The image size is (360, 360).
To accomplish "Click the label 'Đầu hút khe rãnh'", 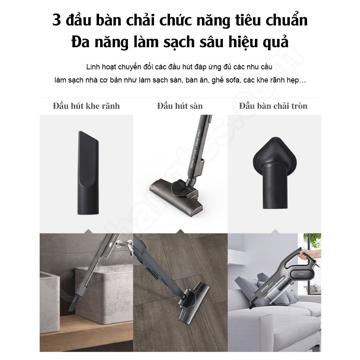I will point(86,106).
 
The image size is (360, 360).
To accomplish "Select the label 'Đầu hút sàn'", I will point(180,106).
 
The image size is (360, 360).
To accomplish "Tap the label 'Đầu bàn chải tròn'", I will point(273,106).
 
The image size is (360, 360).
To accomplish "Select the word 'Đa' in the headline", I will point(81,43).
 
